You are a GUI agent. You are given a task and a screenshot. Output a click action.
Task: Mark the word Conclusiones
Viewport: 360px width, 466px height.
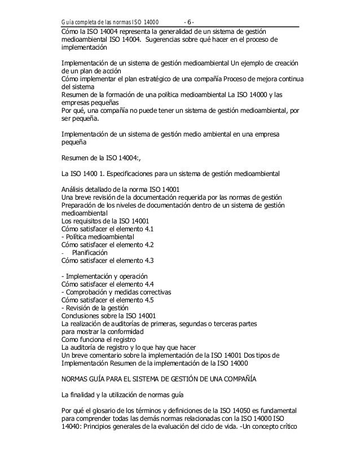coord(84,316)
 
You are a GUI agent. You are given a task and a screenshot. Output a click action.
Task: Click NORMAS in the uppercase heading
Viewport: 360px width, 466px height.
coord(77,379)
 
